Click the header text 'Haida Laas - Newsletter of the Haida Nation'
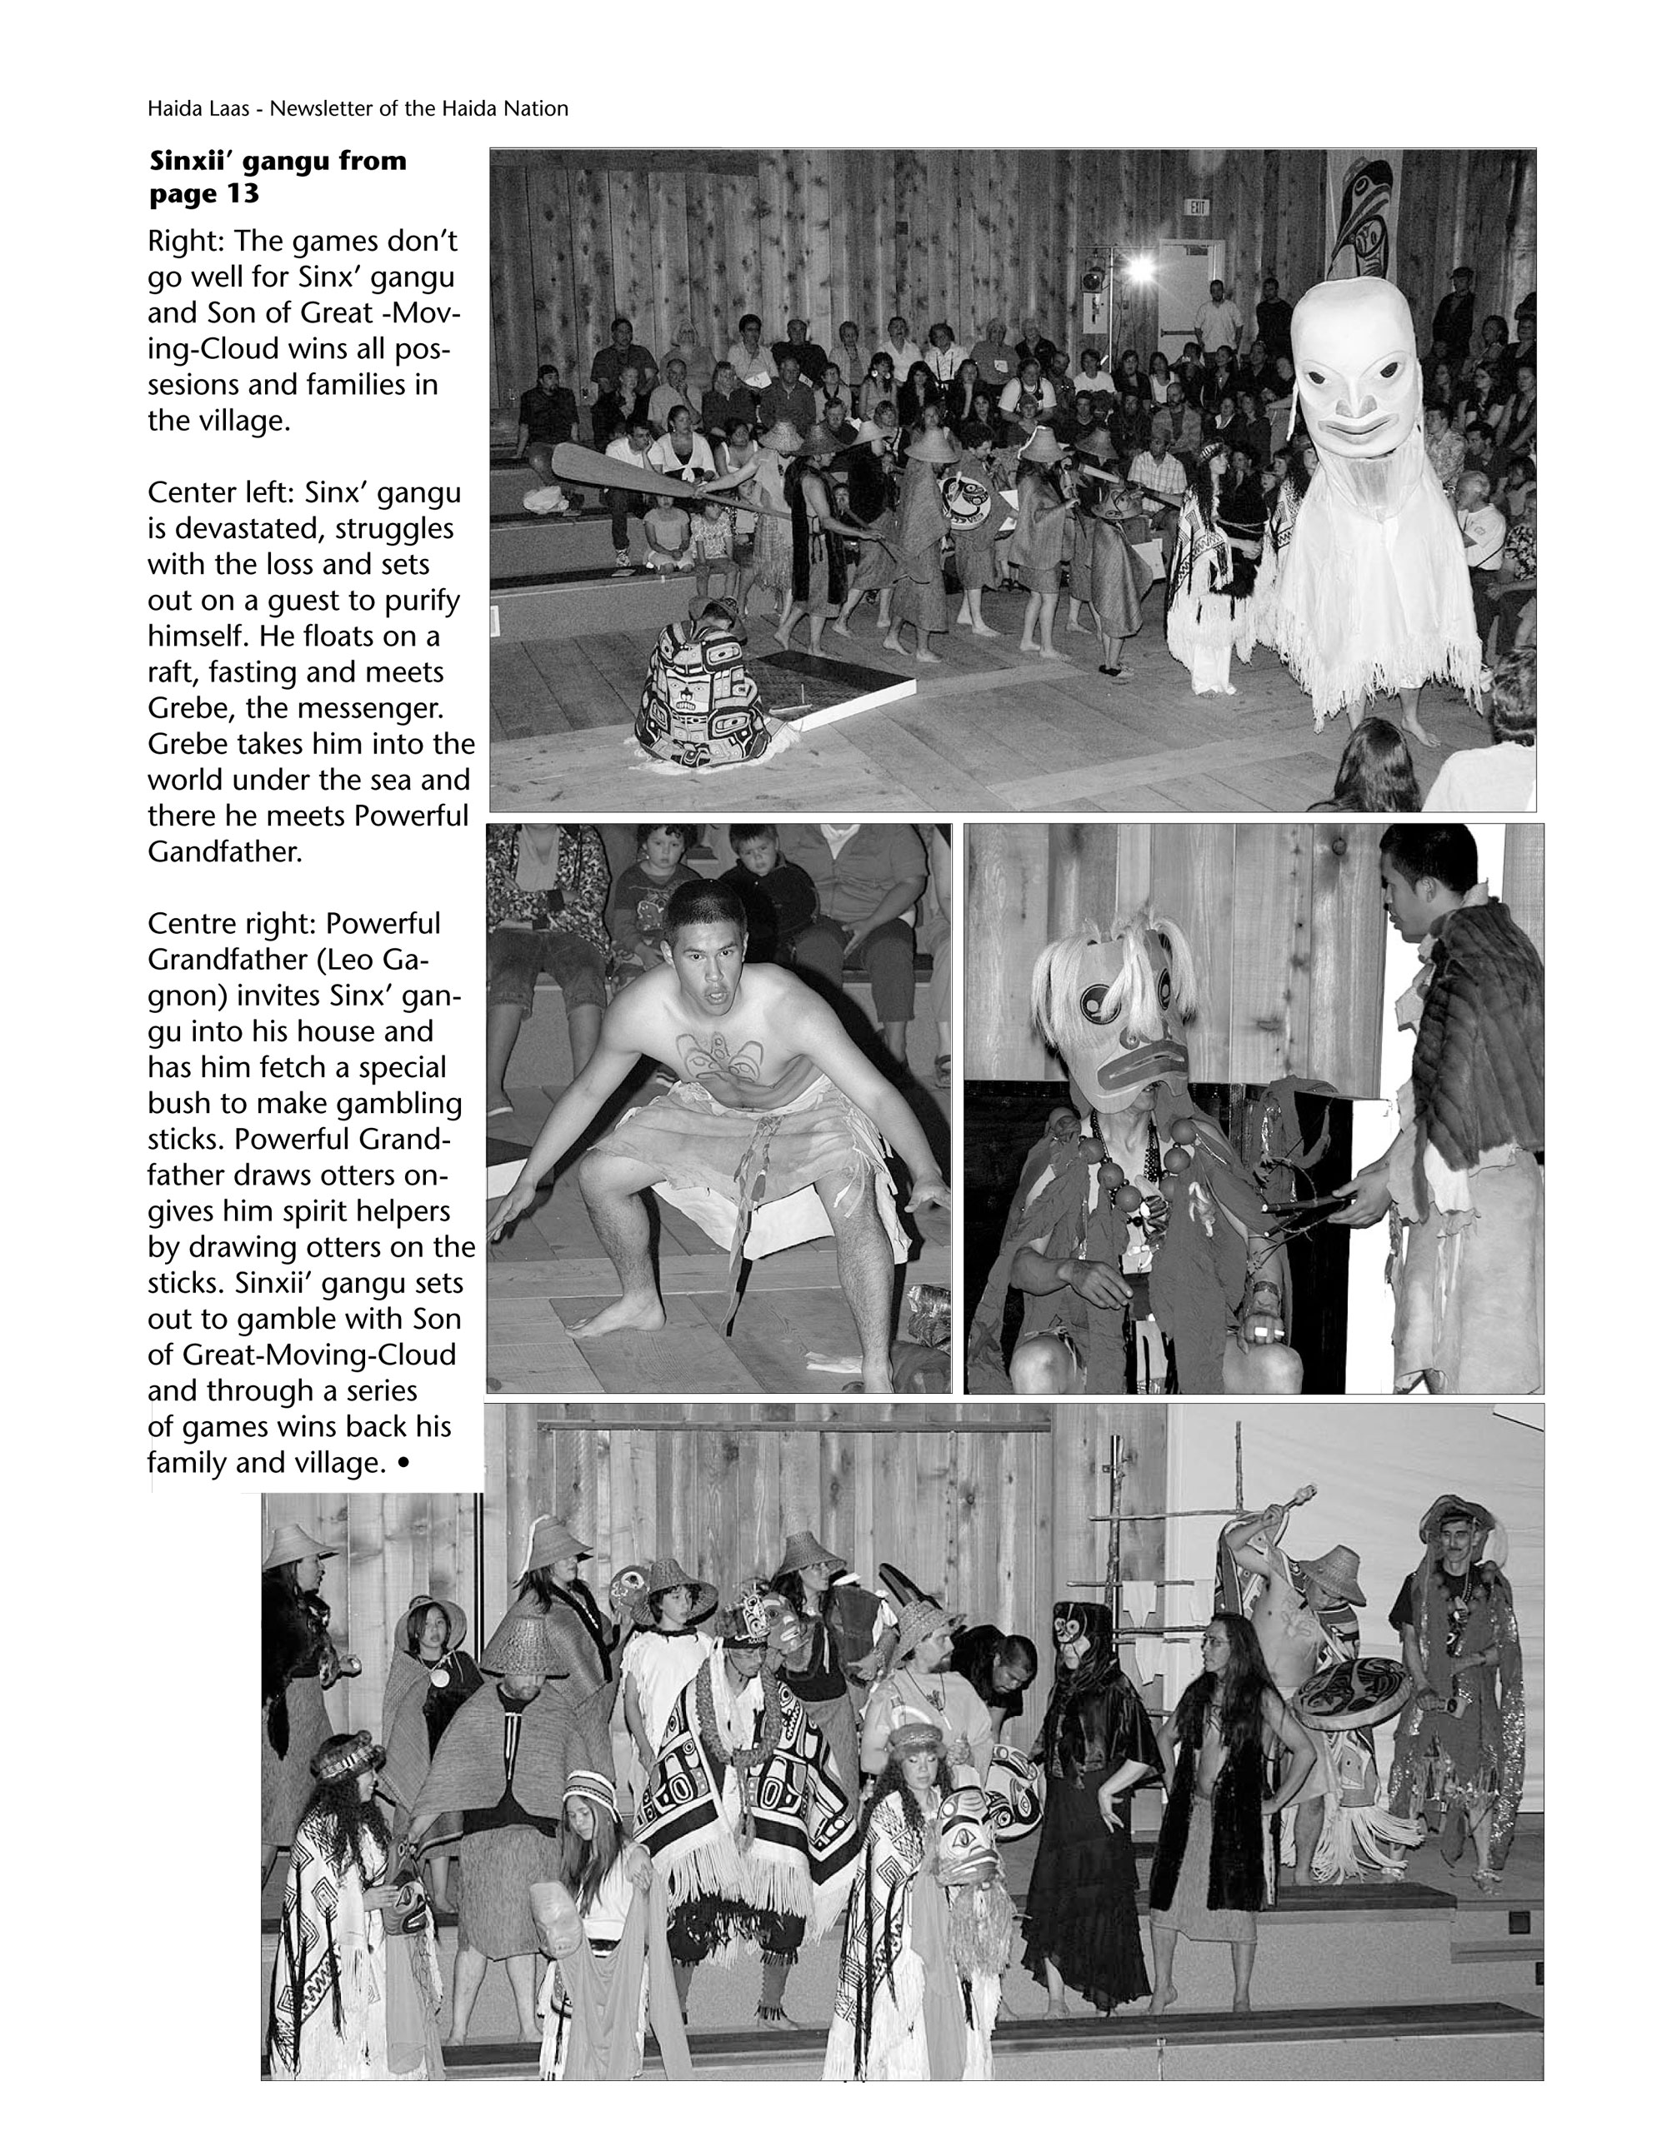coord(358,108)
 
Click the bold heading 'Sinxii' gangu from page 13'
coord(278,177)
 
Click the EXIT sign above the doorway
coord(1198,207)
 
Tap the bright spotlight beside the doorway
coord(1142,267)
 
